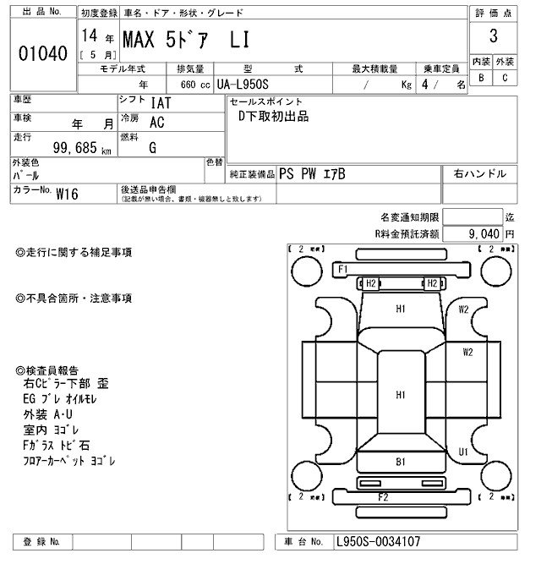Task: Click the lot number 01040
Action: (42, 54)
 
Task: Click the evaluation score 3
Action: (493, 37)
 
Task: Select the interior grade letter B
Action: (481, 79)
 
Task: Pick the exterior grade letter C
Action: (505, 79)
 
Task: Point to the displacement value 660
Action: (180, 85)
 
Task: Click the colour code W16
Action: (67, 193)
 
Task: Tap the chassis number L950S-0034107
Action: (378, 541)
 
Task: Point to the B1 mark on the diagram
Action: (401, 462)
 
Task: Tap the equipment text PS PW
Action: (299, 173)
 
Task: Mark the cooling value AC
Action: (156, 122)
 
